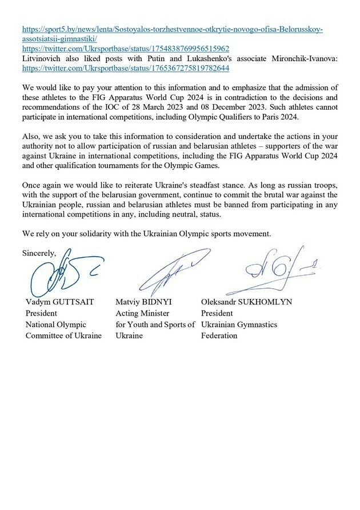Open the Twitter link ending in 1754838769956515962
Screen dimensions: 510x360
125,49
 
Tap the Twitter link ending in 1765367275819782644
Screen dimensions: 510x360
125,67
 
